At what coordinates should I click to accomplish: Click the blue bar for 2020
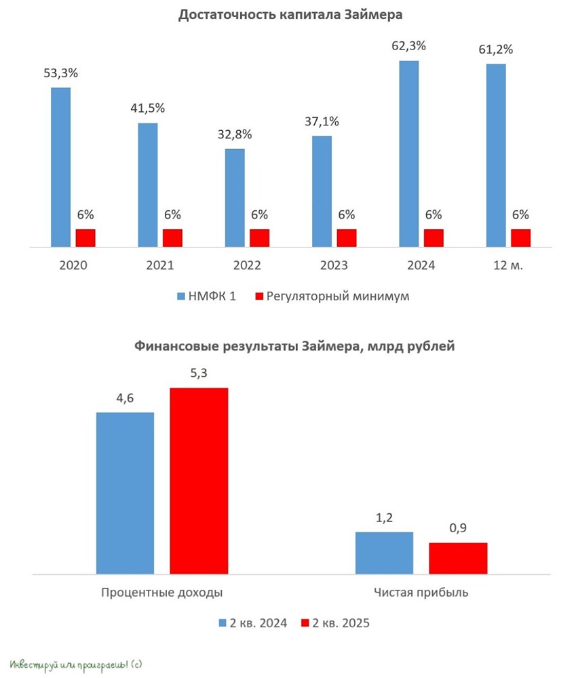tap(60, 167)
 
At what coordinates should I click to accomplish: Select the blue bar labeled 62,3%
tap(409, 154)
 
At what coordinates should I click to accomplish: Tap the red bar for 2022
tap(259, 238)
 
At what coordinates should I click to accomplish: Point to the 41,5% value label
tap(148, 108)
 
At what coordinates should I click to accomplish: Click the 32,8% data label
tap(235, 134)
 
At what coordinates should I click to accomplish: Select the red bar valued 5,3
tap(199, 481)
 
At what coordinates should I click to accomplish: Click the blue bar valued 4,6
tap(125, 493)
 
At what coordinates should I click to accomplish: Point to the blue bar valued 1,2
tap(384, 553)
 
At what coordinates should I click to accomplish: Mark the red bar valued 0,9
tap(458, 558)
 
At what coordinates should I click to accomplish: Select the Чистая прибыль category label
tap(421, 592)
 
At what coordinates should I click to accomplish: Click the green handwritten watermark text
tap(75, 662)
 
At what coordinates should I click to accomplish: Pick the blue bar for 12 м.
tap(496, 156)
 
